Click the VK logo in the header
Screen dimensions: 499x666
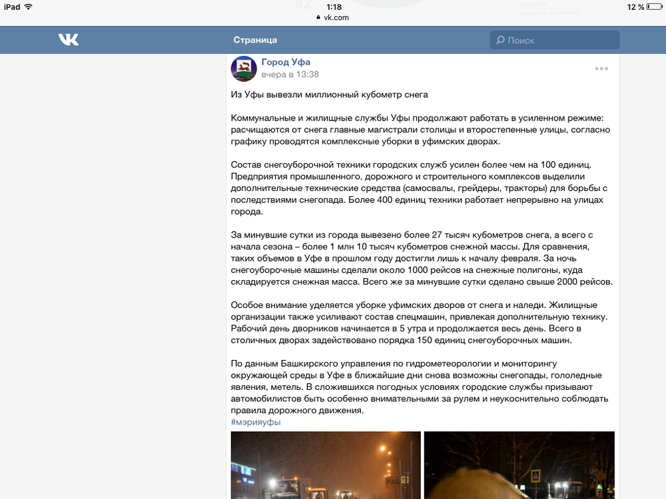tap(69, 40)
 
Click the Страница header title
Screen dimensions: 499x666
tap(255, 40)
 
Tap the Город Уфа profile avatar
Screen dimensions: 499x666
tap(244, 69)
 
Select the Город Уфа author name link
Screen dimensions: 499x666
tap(286, 63)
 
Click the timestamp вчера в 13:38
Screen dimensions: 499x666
tap(290, 75)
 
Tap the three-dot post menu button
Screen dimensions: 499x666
tap(601, 69)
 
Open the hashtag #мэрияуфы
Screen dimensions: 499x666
tap(256, 422)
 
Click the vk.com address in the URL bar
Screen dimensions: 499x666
tap(336, 17)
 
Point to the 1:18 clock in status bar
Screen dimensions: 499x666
tap(333, 7)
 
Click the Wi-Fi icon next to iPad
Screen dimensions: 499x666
tap(28, 7)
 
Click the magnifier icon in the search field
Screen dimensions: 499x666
tap(500, 41)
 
